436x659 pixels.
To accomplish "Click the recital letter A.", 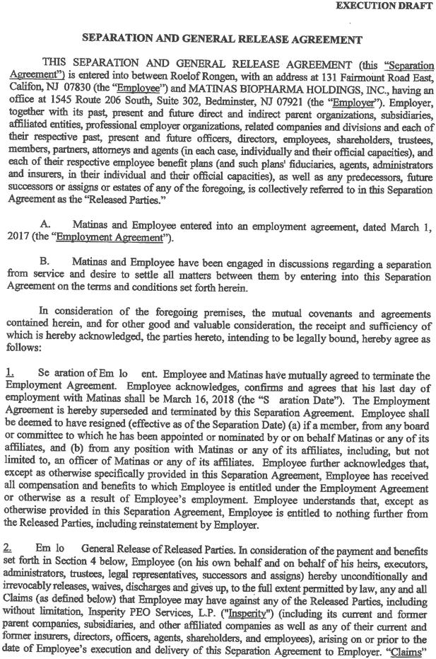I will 46,224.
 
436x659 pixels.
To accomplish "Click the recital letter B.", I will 46,261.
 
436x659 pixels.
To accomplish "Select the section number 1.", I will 9,374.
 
